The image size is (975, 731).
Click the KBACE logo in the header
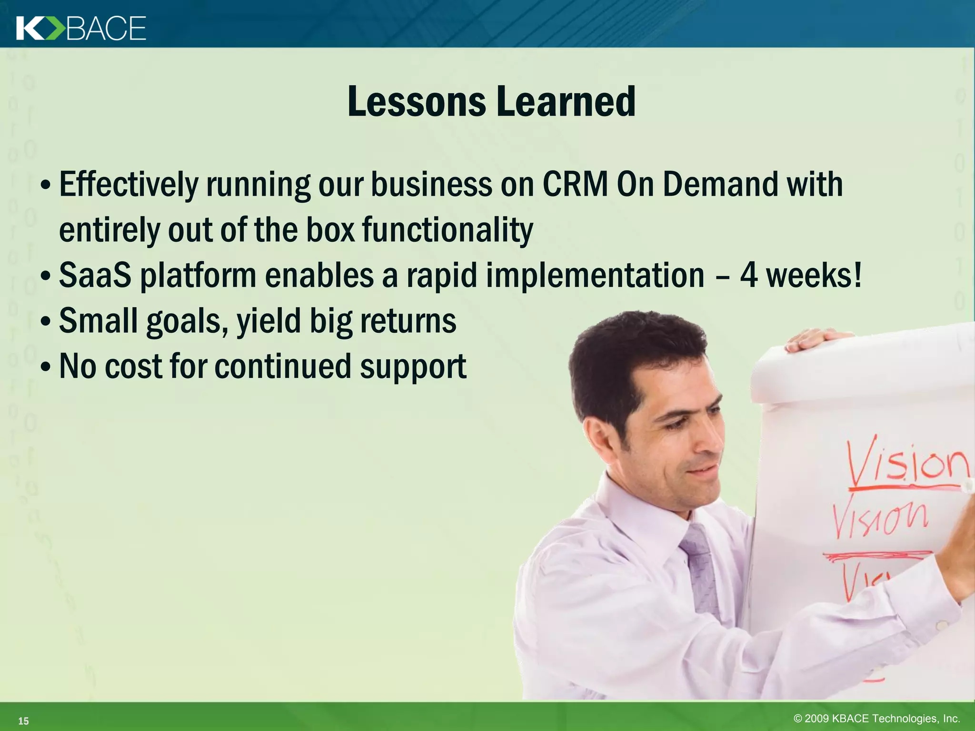pyautogui.click(x=81, y=28)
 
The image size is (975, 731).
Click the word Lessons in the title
pyautogui.click(x=417, y=101)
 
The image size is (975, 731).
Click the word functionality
pyautogui.click(x=448, y=230)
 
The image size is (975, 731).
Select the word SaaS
pyautogui.click(x=95, y=276)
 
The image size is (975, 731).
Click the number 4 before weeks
pyautogui.click(x=748, y=276)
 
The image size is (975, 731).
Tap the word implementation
pyautogui.click(x=595, y=276)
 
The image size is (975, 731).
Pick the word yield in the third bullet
pyautogui.click(x=269, y=321)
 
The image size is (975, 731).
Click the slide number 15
pyautogui.click(x=23, y=721)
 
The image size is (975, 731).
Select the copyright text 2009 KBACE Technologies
pyautogui.click(x=876, y=718)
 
